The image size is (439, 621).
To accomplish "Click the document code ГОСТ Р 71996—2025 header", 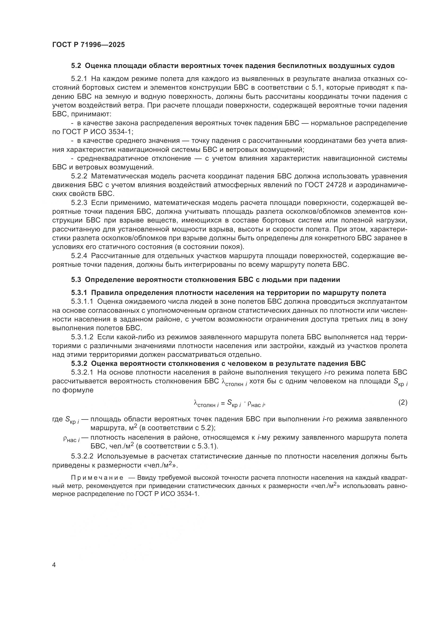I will click(88, 45).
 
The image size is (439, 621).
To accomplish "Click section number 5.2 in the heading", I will click(76, 66).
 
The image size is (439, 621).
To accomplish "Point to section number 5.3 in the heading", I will click(76, 280).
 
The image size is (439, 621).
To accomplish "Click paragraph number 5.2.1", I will click(79, 79).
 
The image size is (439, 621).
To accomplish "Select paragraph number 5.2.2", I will click(79, 176).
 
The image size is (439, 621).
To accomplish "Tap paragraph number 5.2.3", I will click(79, 203).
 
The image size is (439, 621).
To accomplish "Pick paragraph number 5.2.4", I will click(79, 256).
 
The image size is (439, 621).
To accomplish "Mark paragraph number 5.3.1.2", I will click(82, 337).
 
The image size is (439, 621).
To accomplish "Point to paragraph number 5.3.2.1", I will click(82, 372).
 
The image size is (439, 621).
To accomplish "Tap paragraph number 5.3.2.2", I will click(82, 456).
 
